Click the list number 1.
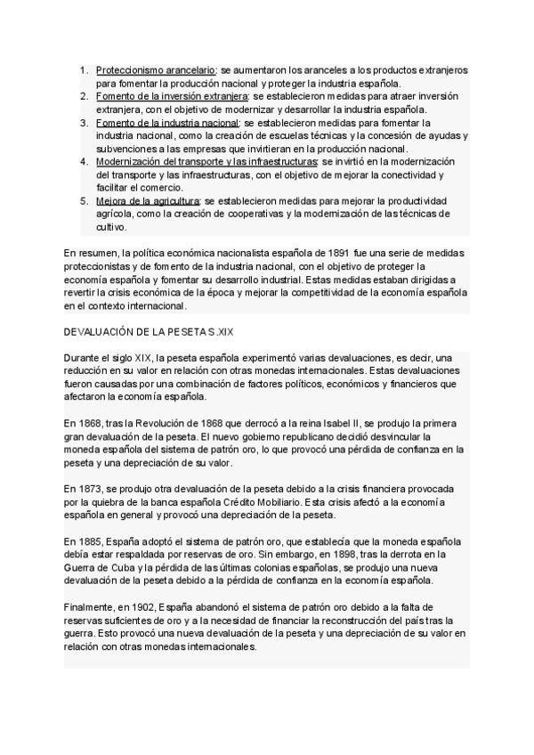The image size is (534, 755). click(x=83, y=69)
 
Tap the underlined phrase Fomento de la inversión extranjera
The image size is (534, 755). click(x=173, y=95)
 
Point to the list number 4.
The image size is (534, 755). click(x=83, y=162)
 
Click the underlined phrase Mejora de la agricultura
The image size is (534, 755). click(x=148, y=201)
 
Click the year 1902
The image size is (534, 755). click(x=155, y=608)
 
